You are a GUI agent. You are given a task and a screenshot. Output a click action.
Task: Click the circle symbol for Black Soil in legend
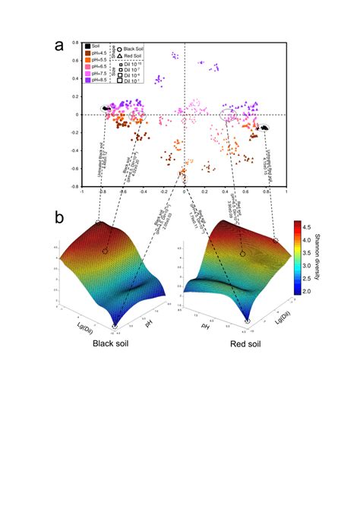pyautogui.click(x=118, y=49)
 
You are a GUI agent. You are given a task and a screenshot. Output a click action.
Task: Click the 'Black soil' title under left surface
pyautogui.click(x=110, y=343)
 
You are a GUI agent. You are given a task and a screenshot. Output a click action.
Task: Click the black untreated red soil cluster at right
pyautogui.click(x=264, y=128)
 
